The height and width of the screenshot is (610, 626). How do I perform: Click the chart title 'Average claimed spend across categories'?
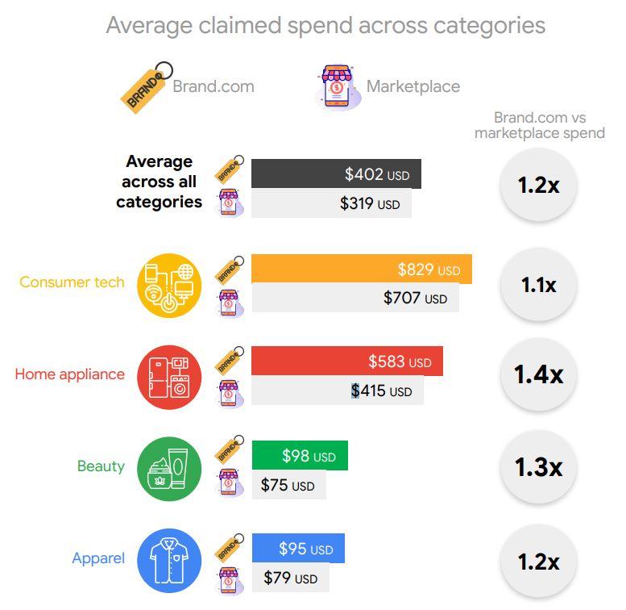(x=325, y=25)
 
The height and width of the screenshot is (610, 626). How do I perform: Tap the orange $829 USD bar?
(x=361, y=269)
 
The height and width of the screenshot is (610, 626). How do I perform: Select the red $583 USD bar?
(x=346, y=361)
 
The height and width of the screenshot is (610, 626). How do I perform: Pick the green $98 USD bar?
(x=300, y=456)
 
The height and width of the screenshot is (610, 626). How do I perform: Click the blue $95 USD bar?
(x=298, y=549)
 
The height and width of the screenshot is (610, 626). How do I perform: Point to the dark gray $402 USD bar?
(x=336, y=173)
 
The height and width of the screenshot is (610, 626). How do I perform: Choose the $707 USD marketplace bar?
(x=354, y=299)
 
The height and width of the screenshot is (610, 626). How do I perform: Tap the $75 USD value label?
(x=288, y=486)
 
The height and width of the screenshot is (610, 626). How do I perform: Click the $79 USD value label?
(x=290, y=579)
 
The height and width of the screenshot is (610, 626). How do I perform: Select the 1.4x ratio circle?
(x=538, y=374)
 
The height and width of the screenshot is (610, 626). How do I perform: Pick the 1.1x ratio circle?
(x=538, y=285)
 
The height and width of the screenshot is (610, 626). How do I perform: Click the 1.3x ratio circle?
(x=538, y=467)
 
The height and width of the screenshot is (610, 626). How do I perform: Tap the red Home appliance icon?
(x=168, y=374)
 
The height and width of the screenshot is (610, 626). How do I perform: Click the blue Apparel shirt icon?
(x=168, y=558)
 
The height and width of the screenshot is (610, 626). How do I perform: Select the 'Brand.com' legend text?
(x=213, y=86)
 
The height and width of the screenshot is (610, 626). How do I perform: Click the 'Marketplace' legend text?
(x=412, y=86)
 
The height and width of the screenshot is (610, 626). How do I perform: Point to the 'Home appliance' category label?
(x=70, y=374)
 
